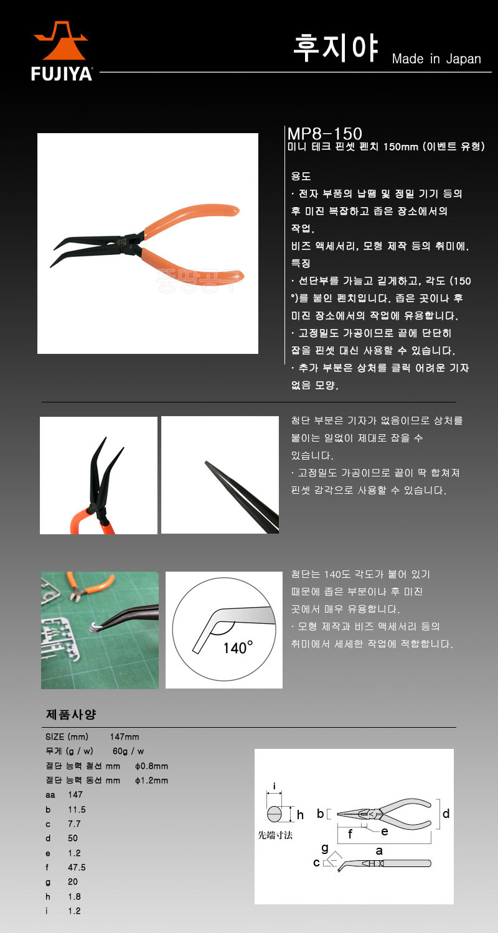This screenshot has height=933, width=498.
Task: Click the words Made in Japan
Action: (436, 58)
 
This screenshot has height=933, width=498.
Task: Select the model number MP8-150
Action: (325, 134)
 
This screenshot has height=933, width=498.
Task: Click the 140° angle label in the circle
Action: (238, 648)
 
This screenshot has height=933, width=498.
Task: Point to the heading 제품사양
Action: (71, 714)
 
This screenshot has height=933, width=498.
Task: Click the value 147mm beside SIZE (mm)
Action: (125, 737)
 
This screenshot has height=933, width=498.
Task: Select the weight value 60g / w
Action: (128, 751)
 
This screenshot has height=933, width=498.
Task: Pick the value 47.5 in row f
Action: (77, 867)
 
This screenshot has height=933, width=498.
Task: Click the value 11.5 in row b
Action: (77, 809)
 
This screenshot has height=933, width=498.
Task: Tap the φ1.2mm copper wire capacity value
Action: (152, 780)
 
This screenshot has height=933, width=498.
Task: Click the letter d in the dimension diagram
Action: (446, 814)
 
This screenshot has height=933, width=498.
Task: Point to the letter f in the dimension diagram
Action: (350, 834)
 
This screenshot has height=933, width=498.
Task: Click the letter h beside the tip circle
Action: (300, 815)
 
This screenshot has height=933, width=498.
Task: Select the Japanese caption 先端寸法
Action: (275, 835)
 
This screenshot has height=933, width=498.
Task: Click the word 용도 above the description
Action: (301, 176)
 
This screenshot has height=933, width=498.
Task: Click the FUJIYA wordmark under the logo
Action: (61, 74)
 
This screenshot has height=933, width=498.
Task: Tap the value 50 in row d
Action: (73, 838)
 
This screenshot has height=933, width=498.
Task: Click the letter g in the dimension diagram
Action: (325, 848)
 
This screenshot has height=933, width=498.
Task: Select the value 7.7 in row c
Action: (74, 824)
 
